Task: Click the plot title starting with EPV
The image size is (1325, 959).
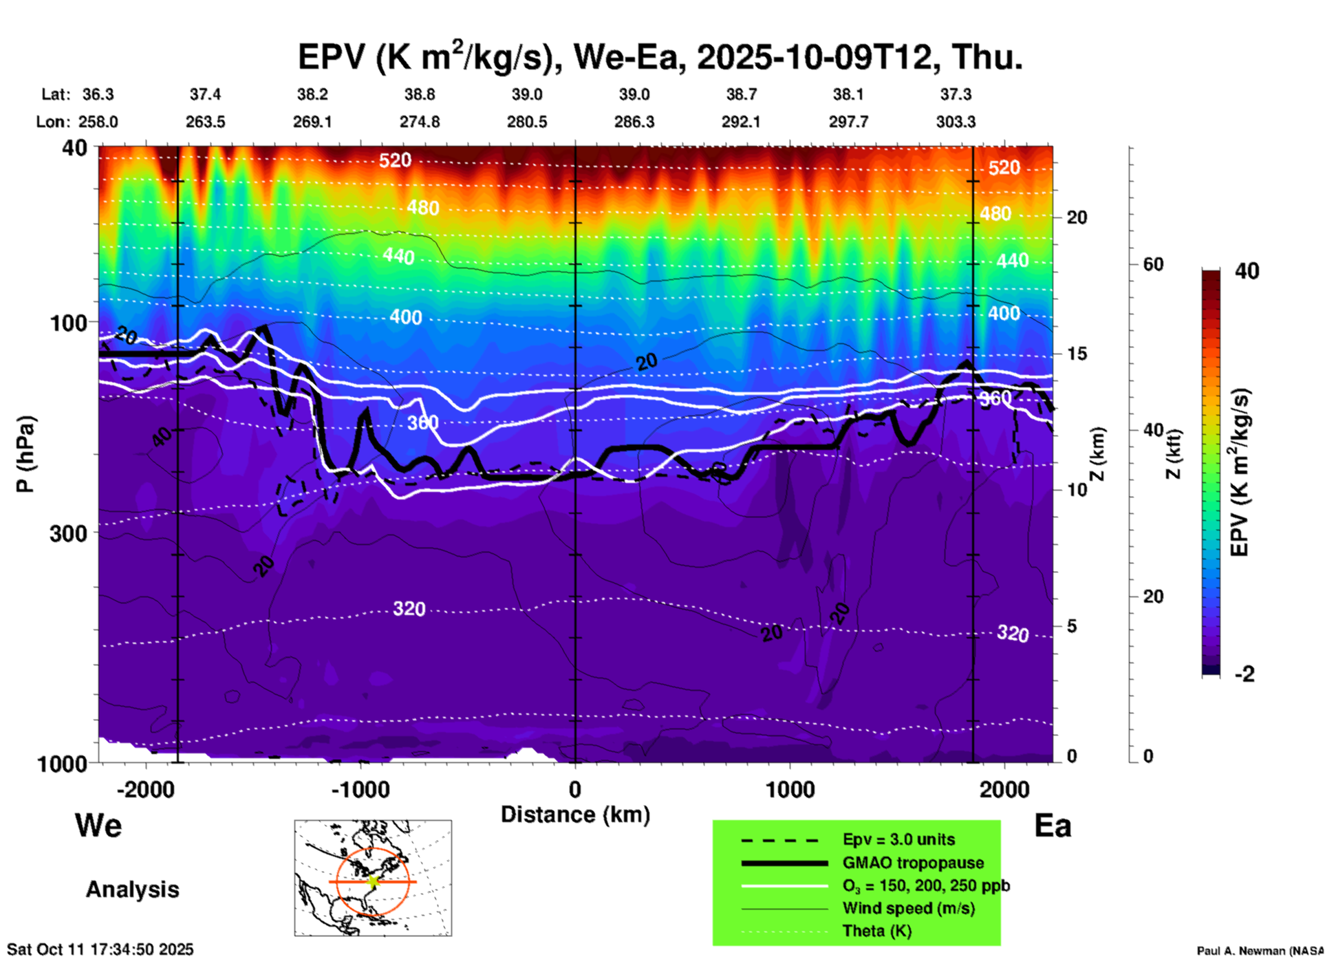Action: pyautogui.click(x=659, y=57)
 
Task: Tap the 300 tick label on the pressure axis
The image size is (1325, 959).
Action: pyautogui.click(x=68, y=533)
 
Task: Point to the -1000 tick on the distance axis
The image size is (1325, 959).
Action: pyautogui.click(x=360, y=789)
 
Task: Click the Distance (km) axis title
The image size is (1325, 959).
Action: pyautogui.click(x=575, y=815)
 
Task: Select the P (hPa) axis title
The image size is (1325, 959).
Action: pyautogui.click(x=25, y=454)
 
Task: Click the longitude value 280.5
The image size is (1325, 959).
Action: pyautogui.click(x=527, y=122)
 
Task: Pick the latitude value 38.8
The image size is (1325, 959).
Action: pyautogui.click(x=420, y=94)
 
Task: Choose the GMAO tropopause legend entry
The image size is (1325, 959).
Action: pyautogui.click(x=913, y=863)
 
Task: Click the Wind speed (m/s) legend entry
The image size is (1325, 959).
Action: pyautogui.click(x=908, y=908)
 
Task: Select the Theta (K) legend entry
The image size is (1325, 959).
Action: pyautogui.click(x=876, y=931)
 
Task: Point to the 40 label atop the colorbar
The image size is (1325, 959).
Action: pyautogui.click(x=1247, y=271)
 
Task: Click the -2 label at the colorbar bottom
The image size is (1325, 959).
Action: pyautogui.click(x=1244, y=674)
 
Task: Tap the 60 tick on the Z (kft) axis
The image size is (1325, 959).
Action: pyautogui.click(x=1153, y=264)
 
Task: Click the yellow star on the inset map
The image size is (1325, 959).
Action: pyautogui.click(x=373, y=881)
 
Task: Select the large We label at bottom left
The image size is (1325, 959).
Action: pyautogui.click(x=98, y=825)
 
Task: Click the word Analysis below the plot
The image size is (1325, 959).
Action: pyautogui.click(x=132, y=890)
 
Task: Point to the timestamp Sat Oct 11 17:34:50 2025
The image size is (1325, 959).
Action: pyautogui.click(x=100, y=949)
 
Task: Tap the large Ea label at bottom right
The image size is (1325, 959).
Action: pyautogui.click(x=1053, y=826)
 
